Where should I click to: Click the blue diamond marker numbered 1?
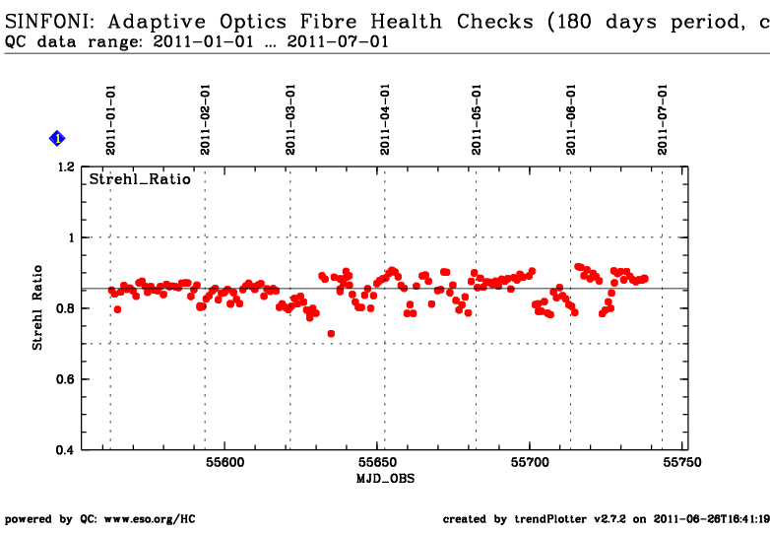(x=57, y=139)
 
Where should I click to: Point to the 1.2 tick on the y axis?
(x=65, y=167)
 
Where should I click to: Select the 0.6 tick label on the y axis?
(x=65, y=379)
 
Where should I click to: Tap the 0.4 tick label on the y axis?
(x=65, y=450)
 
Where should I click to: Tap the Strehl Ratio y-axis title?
(x=38, y=307)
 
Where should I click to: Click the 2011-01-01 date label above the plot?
(x=111, y=118)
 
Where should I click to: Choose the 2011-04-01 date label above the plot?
(x=384, y=118)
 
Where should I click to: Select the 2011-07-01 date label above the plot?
(x=663, y=118)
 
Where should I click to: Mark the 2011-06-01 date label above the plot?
(x=571, y=118)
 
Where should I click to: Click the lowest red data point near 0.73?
(x=332, y=334)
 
